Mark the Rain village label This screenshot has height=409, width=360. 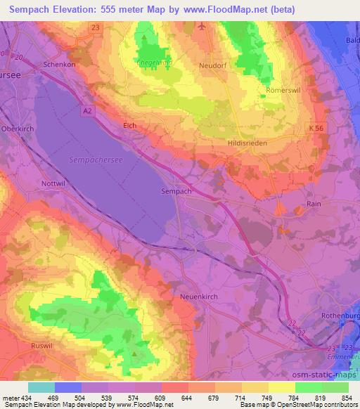314,203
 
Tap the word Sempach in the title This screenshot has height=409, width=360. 34,9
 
